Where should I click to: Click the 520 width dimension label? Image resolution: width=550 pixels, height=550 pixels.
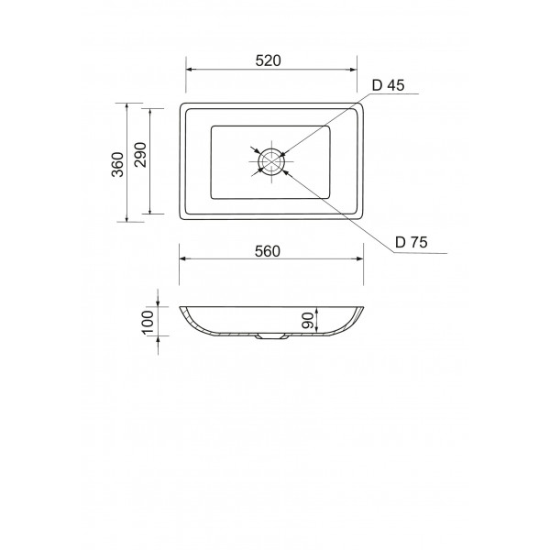pos(269,60)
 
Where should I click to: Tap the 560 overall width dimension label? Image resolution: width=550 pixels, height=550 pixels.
pos(268,251)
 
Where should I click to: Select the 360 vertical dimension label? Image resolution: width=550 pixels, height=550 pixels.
pos(118,164)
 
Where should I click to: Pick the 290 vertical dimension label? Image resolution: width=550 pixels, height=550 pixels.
pos(140,155)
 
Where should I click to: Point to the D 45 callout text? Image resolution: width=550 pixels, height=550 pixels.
pos(388,85)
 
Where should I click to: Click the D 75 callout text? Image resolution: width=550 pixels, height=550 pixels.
pos(411,242)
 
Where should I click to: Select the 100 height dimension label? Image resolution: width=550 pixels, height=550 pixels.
pos(148,323)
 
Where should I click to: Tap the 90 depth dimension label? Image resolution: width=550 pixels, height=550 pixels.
pos(307,321)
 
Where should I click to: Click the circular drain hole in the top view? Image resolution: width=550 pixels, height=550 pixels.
pos(271,160)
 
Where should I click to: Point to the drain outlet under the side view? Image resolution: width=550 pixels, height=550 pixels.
pos(272,337)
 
